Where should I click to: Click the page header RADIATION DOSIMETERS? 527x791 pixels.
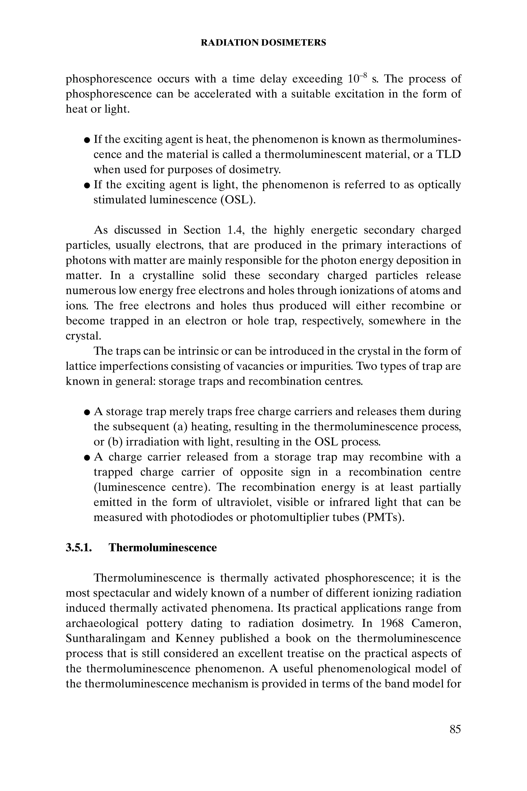(263, 43)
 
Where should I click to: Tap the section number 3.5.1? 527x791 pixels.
(79, 547)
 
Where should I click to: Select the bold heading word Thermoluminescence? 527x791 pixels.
(163, 547)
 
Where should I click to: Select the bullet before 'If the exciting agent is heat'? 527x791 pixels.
(87, 140)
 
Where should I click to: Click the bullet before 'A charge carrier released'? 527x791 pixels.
(87, 457)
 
